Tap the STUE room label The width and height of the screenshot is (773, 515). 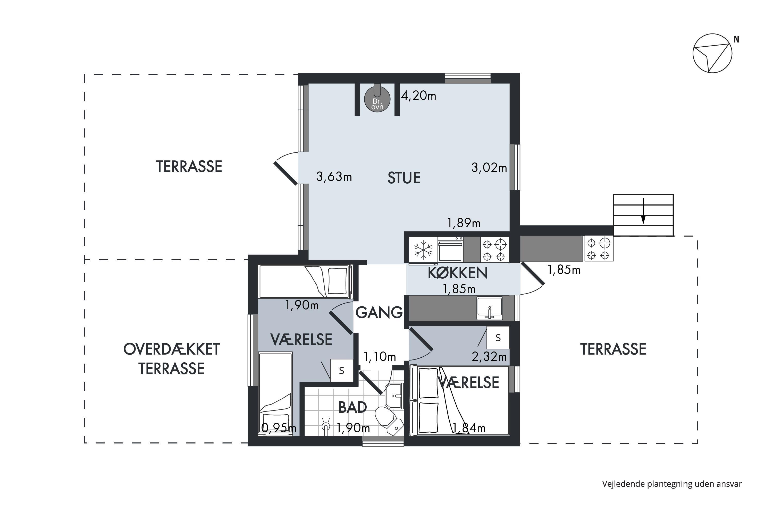(404, 178)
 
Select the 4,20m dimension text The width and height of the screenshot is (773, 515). (418, 96)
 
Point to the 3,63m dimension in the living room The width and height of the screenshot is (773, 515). (334, 177)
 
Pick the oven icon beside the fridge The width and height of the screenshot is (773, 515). (451, 250)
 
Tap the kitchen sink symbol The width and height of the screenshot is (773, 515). (490, 308)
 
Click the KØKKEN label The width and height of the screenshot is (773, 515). (458, 273)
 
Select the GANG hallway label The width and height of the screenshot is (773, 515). (379, 312)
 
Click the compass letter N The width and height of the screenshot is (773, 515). (736, 39)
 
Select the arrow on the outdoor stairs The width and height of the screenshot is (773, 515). (643, 211)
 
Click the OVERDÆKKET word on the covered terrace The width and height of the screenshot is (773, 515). (172, 349)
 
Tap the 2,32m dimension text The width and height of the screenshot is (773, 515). (489, 356)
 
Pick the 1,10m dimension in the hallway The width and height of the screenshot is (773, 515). (379, 356)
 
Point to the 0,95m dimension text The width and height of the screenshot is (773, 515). (279, 428)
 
